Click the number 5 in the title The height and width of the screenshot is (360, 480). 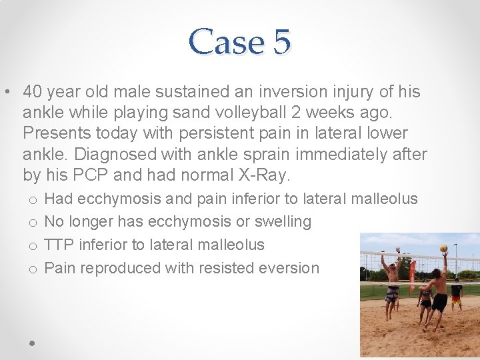tap(280, 42)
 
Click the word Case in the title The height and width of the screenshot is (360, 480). tap(226, 42)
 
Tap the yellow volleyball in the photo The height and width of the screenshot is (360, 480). tap(443, 248)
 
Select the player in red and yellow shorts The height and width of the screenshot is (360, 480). tap(457, 293)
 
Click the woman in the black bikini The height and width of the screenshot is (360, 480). tap(425, 297)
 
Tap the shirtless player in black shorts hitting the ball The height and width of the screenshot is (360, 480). tap(438, 290)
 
